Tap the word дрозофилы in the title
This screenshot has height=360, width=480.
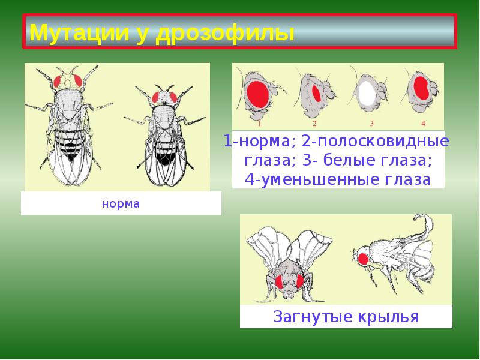(225, 32)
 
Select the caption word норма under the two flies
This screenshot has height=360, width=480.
(121, 203)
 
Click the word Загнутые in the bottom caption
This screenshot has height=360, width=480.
(312, 316)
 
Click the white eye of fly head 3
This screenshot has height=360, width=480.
(365, 92)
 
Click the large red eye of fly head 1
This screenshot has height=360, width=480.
(257, 94)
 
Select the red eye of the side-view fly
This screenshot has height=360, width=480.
(362, 259)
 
